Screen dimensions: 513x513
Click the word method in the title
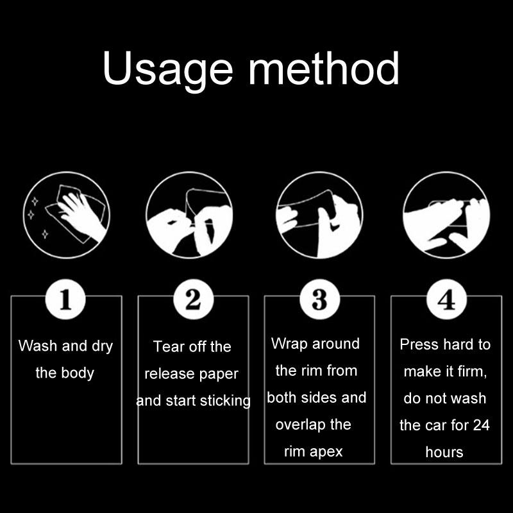(324, 68)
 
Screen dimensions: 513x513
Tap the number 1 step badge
(65, 299)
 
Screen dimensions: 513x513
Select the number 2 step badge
(194, 299)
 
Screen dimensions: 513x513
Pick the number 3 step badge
(319, 299)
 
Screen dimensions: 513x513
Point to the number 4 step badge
(446, 299)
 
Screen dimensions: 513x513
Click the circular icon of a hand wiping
(67, 215)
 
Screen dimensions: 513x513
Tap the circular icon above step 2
(189, 215)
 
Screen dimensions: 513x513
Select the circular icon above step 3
(319, 215)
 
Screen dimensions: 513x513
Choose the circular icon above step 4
(446, 215)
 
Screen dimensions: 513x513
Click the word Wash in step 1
(38, 346)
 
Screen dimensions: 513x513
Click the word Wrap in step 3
(290, 344)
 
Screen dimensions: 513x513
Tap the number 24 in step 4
(482, 425)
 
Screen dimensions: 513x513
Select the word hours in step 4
(444, 452)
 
